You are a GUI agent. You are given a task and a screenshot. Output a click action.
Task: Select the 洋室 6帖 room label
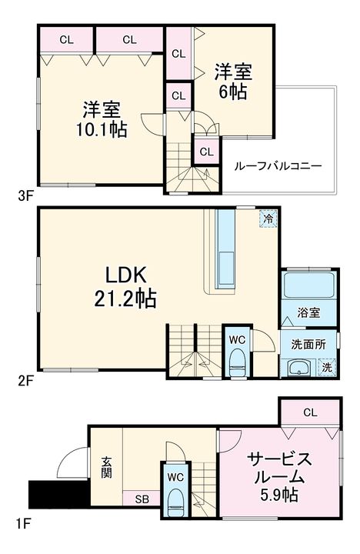pyautogui.click(x=233, y=81)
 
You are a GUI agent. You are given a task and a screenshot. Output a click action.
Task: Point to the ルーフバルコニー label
pyautogui.click(x=278, y=165)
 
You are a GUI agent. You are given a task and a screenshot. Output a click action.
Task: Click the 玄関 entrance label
pyautogui.click(x=106, y=467)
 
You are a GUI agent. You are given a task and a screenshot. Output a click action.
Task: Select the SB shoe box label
pyautogui.click(x=142, y=499)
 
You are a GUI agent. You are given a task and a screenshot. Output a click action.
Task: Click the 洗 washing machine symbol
pyautogui.click(x=328, y=368)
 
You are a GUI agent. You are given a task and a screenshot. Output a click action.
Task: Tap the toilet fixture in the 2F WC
pyautogui.click(x=236, y=362)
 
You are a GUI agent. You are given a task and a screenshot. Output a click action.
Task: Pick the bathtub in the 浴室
pyautogui.click(x=309, y=286)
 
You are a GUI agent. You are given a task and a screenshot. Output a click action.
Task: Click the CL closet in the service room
pyautogui.click(x=309, y=413)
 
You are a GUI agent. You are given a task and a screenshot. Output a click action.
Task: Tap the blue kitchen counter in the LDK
pyautogui.click(x=226, y=246)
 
